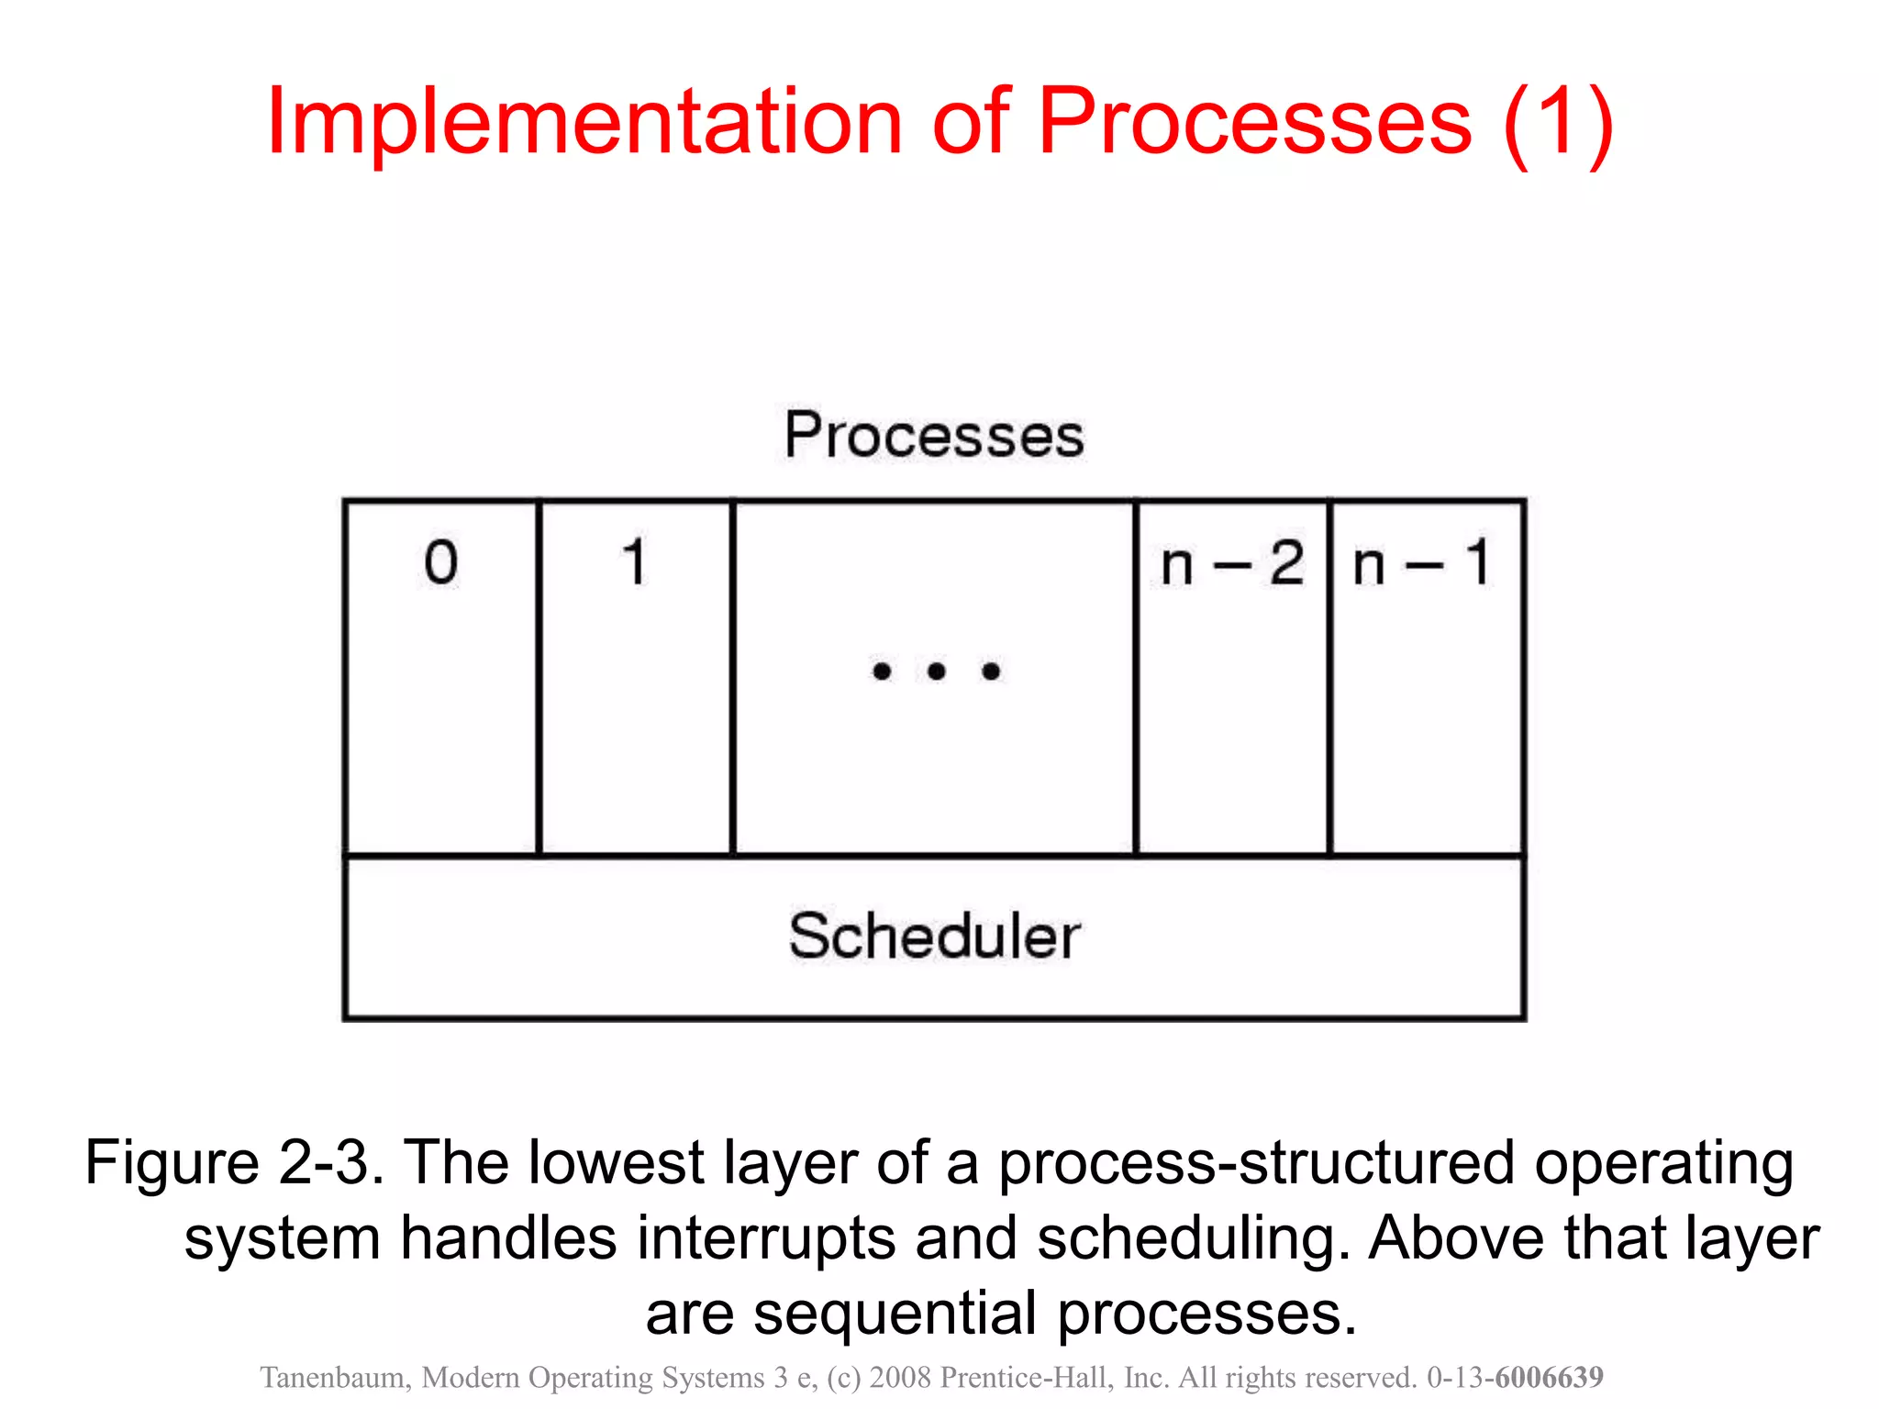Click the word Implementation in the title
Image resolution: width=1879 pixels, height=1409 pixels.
[x=584, y=122]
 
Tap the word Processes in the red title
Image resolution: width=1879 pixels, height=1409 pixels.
[x=1254, y=122]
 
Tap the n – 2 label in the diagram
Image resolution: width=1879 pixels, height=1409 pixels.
[x=1231, y=563]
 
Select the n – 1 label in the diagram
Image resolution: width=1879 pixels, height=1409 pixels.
[x=1422, y=563]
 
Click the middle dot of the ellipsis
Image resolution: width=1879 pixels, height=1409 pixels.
[x=936, y=671]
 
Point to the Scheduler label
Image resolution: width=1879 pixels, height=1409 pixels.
[x=934, y=937]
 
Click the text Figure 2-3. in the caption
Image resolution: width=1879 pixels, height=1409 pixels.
[x=233, y=1163]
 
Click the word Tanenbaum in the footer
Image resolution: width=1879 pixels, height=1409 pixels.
[x=333, y=1378]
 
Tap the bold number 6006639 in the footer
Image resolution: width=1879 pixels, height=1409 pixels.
[x=1549, y=1378]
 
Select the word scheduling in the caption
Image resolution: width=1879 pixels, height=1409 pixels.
[x=1194, y=1238]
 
